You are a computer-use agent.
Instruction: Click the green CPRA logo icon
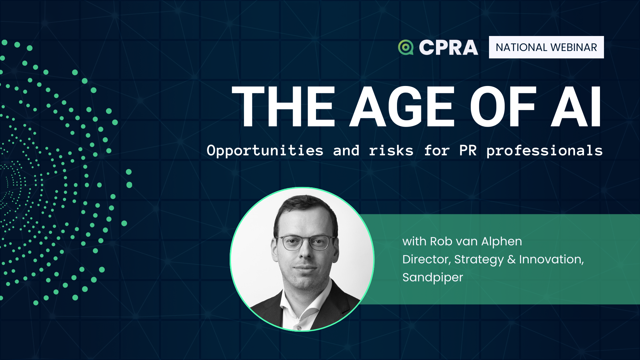pos(406,47)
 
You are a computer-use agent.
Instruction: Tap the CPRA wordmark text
pos(449,47)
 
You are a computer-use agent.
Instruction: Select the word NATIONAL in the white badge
pos(521,47)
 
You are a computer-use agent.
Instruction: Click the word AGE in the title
pos(402,106)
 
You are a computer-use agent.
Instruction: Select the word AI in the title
pos(576,106)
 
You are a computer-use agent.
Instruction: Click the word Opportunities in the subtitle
pos(265,151)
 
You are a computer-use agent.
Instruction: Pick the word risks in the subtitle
pos(391,151)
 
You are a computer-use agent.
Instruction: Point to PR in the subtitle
pos(468,151)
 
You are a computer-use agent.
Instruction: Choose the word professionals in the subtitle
pos(545,151)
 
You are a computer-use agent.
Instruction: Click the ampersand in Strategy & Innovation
pos(511,259)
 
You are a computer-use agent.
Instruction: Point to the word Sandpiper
pos(433,278)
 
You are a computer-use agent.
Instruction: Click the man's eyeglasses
pos(305,242)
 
